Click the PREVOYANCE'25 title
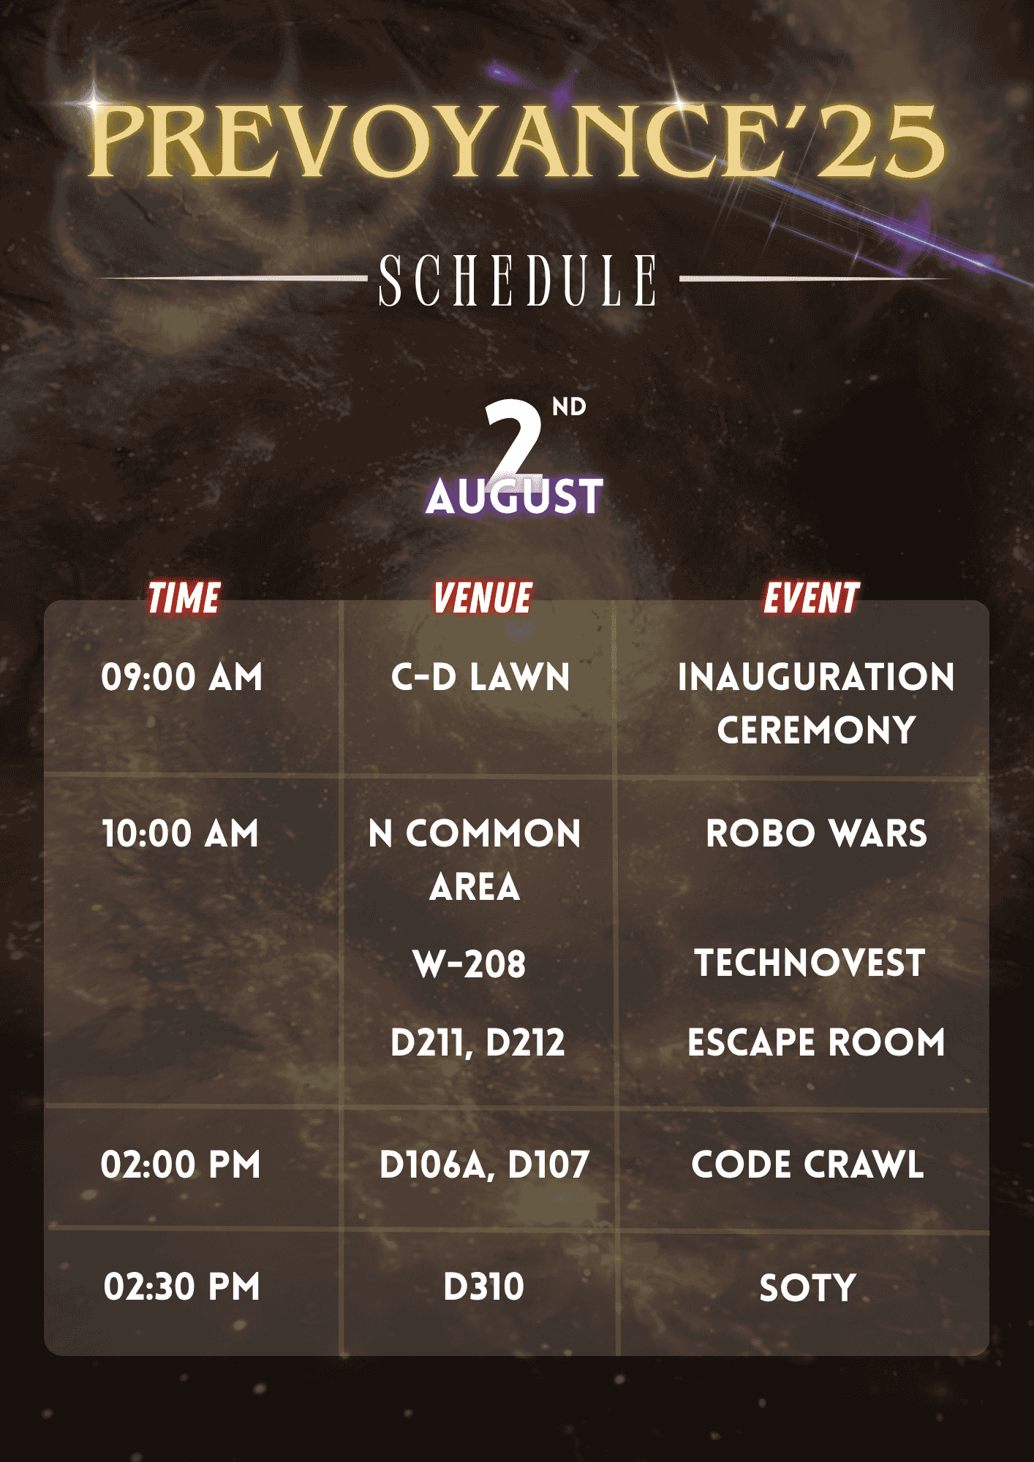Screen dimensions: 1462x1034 [x=516, y=140]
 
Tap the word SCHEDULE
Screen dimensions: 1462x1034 [x=518, y=281]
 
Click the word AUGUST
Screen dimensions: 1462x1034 [x=515, y=496]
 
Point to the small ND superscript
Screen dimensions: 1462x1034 [x=569, y=407]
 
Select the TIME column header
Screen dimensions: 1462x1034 [x=184, y=599]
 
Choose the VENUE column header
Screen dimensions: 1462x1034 [x=483, y=599]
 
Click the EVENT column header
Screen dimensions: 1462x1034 [x=811, y=599]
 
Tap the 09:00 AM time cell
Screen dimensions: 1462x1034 [x=181, y=677]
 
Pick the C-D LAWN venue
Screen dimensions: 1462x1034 [x=480, y=677]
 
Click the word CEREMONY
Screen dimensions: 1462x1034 [x=816, y=730]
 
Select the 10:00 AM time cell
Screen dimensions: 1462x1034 [x=181, y=834]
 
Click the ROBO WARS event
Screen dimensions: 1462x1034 [x=816, y=834]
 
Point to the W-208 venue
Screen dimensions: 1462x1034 [x=469, y=964]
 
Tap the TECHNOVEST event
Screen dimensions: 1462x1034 [x=810, y=963]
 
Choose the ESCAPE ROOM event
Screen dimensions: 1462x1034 [x=816, y=1042]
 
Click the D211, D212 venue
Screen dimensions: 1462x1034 [x=478, y=1043]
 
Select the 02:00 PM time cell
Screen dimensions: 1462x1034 [x=181, y=1164]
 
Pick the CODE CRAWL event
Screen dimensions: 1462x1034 [x=808, y=1164]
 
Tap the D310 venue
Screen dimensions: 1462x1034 [x=483, y=1287]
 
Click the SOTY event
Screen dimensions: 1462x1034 [x=807, y=1288]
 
